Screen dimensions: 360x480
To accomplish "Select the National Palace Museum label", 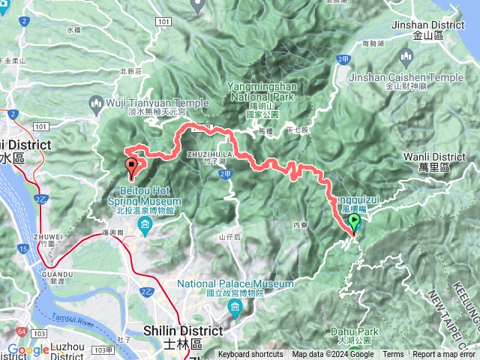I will [x=235, y=284].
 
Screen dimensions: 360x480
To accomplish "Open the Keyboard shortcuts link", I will [x=250, y=355].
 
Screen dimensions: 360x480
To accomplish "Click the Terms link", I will [x=393, y=355].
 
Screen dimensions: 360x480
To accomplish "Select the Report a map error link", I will [x=444, y=355].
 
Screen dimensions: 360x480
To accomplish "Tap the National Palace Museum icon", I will [x=235, y=308].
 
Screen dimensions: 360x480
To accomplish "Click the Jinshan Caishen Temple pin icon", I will [x=407, y=57].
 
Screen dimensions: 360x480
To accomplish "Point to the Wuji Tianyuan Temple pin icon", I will [x=97, y=102].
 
